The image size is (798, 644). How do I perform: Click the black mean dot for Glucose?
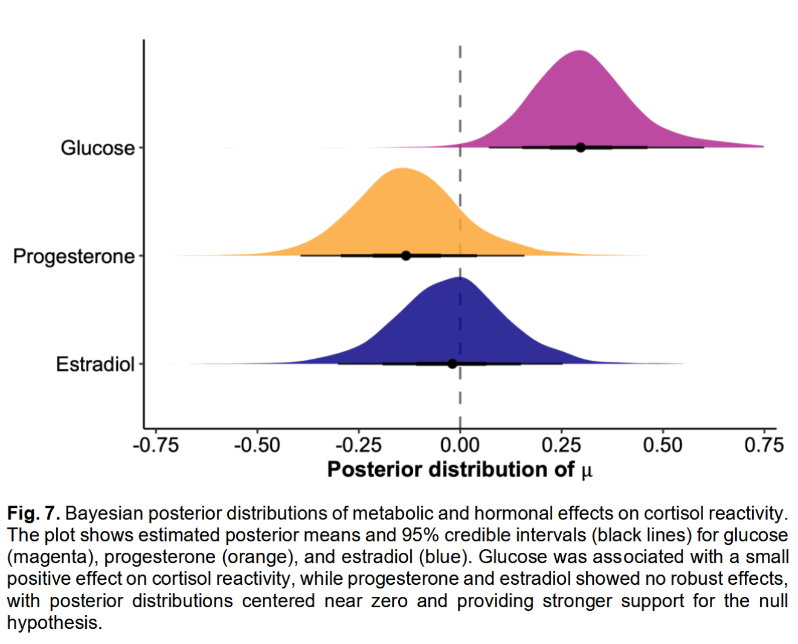point(581,147)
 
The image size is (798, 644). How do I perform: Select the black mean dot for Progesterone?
point(406,256)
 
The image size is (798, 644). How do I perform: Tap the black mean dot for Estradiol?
point(452,364)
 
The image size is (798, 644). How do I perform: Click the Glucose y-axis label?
point(98,148)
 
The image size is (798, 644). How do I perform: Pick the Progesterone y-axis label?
point(74,256)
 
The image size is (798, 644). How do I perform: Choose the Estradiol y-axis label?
point(95,364)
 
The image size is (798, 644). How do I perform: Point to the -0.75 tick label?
point(156,446)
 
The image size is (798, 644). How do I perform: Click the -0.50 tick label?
point(257,446)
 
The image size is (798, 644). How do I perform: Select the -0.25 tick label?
point(359,446)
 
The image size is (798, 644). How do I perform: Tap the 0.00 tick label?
point(460,446)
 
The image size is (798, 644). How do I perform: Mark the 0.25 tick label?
point(562,446)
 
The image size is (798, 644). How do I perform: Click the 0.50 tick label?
point(663,446)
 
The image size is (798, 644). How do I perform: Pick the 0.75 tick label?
point(764,446)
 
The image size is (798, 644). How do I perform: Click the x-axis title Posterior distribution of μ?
point(460,470)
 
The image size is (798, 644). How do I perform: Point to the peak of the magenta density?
point(579,51)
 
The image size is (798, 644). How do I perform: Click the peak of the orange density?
point(402,169)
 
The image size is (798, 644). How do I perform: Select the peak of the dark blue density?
point(457,279)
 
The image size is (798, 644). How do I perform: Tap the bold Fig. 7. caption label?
point(34,514)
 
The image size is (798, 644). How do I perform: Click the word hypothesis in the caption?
point(53,623)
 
